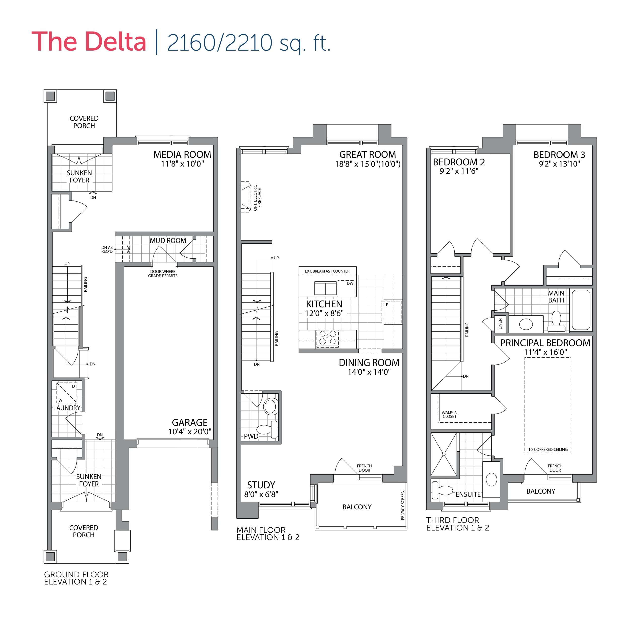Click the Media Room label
182,155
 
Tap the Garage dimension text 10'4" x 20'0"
190,432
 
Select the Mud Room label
168,241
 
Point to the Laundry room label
67,408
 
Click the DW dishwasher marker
350,283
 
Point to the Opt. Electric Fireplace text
257,198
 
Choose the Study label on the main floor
261,485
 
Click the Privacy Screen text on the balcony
403,505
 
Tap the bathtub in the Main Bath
581,310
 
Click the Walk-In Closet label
449,414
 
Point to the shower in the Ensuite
444,454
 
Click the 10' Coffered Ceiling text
548,449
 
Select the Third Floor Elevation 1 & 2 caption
457,524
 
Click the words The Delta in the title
89,42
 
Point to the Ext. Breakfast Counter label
327,271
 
